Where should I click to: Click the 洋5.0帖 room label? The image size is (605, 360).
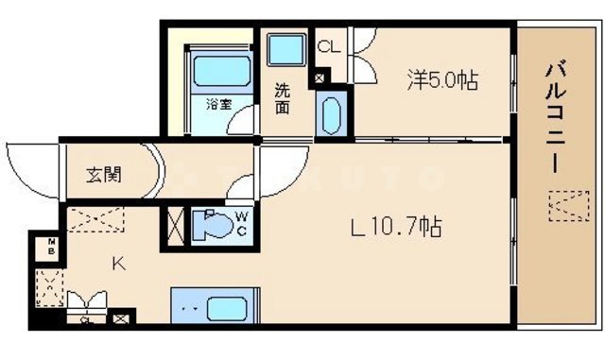pyautogui.click(x=441, y=81)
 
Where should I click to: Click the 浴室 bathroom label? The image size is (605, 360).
pyautogui.click(x=219, y=104)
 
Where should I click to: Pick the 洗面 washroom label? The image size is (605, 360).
pyautogui.click(x=283, y=99)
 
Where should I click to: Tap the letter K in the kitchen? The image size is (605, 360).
pyautogui.click(x=119, y=264)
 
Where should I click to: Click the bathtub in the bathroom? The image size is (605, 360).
pyautogui.click(x=219, y=72)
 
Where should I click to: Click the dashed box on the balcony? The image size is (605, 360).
pyautogui.click(x=567, y=204)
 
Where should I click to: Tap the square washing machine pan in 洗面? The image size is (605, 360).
pyautogui.click(x=283, y=50)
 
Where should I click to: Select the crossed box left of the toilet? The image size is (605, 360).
pyautogui.click(x=176, y=227)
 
